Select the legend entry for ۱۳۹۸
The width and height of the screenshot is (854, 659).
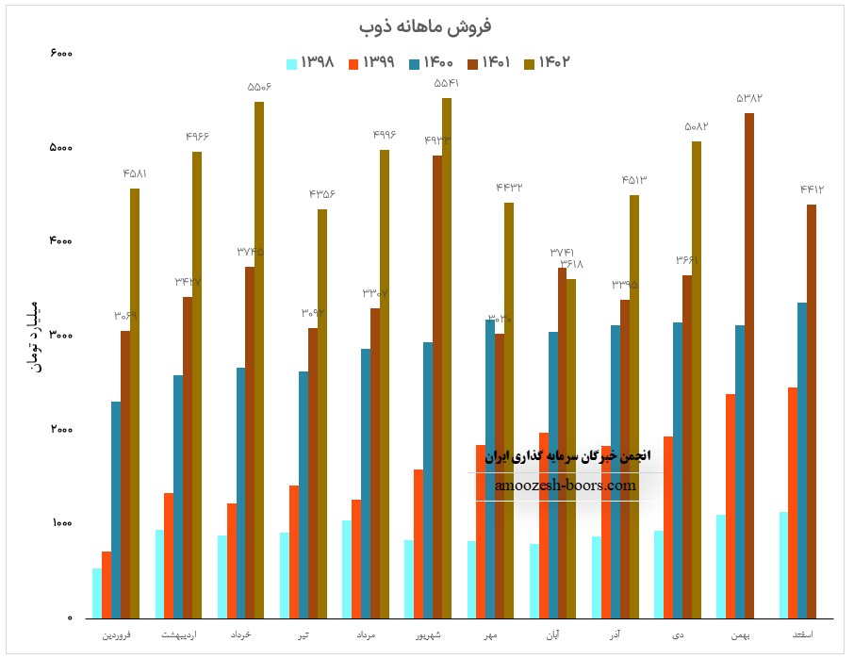[x=311, y=63]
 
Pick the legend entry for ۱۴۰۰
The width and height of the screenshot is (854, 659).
[x=433, y=63]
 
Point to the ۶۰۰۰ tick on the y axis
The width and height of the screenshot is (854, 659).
[x=60, y=54]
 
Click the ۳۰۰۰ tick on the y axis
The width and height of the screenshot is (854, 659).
[x=60, y=336]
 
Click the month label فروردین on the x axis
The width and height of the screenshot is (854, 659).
[x=117, y=635]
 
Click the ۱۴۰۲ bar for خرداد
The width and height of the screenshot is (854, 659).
[x=259, y=358]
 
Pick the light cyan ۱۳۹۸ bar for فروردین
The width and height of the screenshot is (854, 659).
[x=97, y=593]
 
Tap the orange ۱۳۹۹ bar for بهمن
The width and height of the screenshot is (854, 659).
[x=730, y=505]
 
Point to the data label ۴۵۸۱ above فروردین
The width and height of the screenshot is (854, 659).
[x=135, y=173]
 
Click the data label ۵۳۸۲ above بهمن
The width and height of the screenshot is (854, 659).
[x=749, y=98]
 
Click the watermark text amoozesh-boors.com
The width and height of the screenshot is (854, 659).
[x=566, y=486]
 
